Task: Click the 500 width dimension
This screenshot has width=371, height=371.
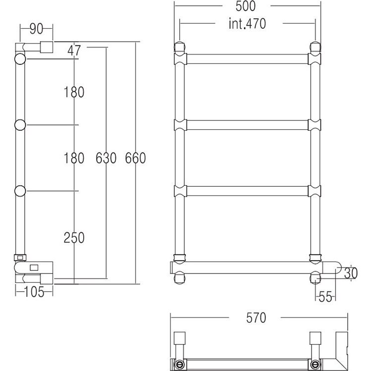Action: [x=245, y=6]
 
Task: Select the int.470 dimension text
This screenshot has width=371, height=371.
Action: [x=247, y=24]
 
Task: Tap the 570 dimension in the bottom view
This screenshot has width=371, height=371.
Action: [x=256, y=318]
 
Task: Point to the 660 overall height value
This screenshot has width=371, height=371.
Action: [x=135, y=158]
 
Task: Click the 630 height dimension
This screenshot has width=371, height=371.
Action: [x=106, y=158]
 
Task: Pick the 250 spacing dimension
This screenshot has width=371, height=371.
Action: [x=74, y=238]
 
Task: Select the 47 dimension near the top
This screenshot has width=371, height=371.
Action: [x=74, y=51]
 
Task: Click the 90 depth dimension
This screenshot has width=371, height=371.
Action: [x=36, y=29]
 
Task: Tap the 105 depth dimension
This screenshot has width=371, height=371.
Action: [x=34, y=292]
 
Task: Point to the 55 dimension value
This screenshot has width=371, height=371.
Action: [x=325, y=297]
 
